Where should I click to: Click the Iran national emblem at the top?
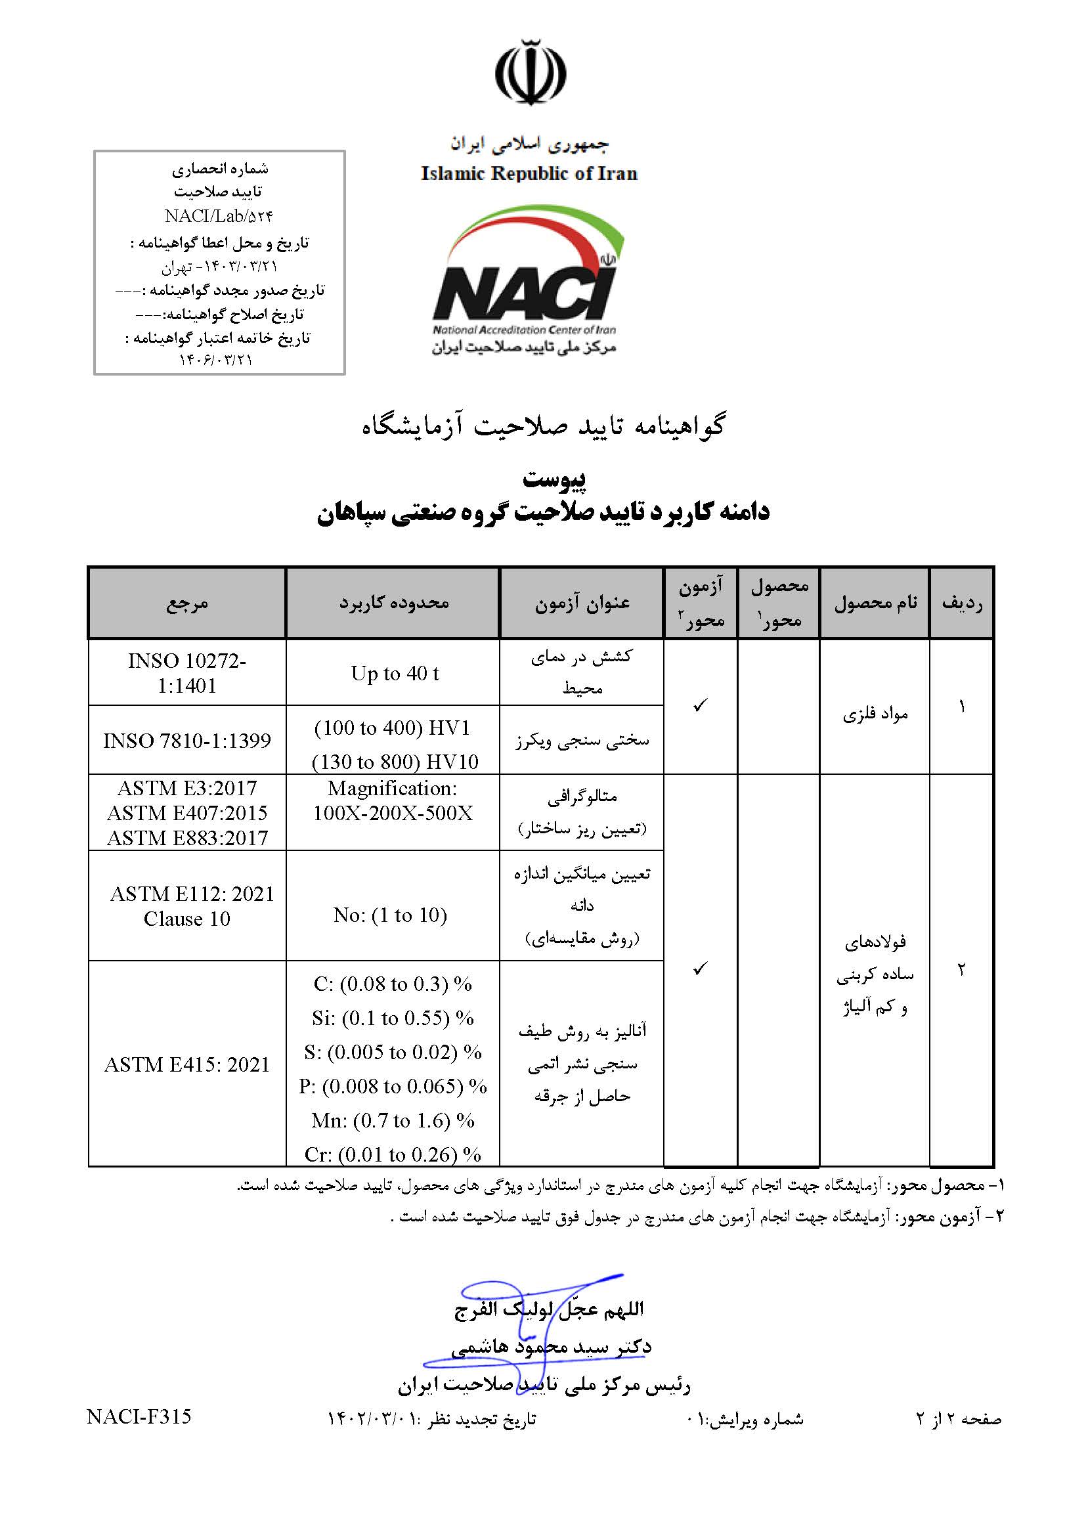(x=531, y=72)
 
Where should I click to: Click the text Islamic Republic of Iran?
(x=529, y=174)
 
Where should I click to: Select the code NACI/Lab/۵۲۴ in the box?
(x=219, y=216)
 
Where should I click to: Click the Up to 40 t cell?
(x=395, y=674)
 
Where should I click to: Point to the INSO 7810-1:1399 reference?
(x=186, y=740)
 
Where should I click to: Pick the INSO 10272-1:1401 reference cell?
(x=186, y=674)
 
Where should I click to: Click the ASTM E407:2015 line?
(x=186, y=813)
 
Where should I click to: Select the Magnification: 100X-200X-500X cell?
(x=393, y=801)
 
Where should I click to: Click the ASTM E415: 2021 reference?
(x=186, y=1064)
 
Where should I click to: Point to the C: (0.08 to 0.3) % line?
(x=393, y=984)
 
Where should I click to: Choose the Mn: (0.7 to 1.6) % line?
(x=393, y=1120)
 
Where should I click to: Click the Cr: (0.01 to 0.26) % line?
(x=393, y=1154)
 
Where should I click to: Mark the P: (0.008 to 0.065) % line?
(x=393, y=1086)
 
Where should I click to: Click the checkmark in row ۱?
(x=699, y=706)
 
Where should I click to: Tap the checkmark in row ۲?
(x=699, y=969)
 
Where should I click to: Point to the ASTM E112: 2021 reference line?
(x=192, y=894)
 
